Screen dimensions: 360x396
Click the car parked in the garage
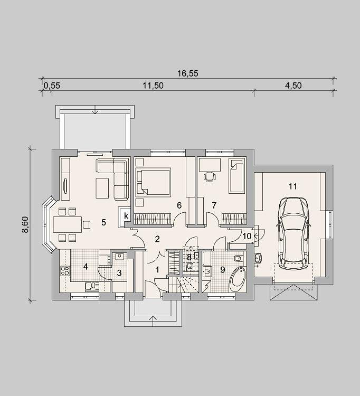(293, 233)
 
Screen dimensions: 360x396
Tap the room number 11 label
(292, 186)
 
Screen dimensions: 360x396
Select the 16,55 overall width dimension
(187, 73)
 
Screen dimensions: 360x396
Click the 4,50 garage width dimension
(293, 86)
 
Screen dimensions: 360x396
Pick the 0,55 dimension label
(52, 86)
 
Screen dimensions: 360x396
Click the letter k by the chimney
(126, 216)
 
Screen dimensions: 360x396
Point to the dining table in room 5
(68, 224)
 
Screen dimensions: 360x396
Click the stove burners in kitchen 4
(65, 270)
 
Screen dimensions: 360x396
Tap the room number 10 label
(247, 236)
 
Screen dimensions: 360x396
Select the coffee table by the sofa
(102, 188)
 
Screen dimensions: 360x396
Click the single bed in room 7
(237, 175)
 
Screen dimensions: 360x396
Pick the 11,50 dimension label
(153, 86)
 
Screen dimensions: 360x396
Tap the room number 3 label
(119, 273)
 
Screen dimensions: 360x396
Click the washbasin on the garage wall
(258, 258)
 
